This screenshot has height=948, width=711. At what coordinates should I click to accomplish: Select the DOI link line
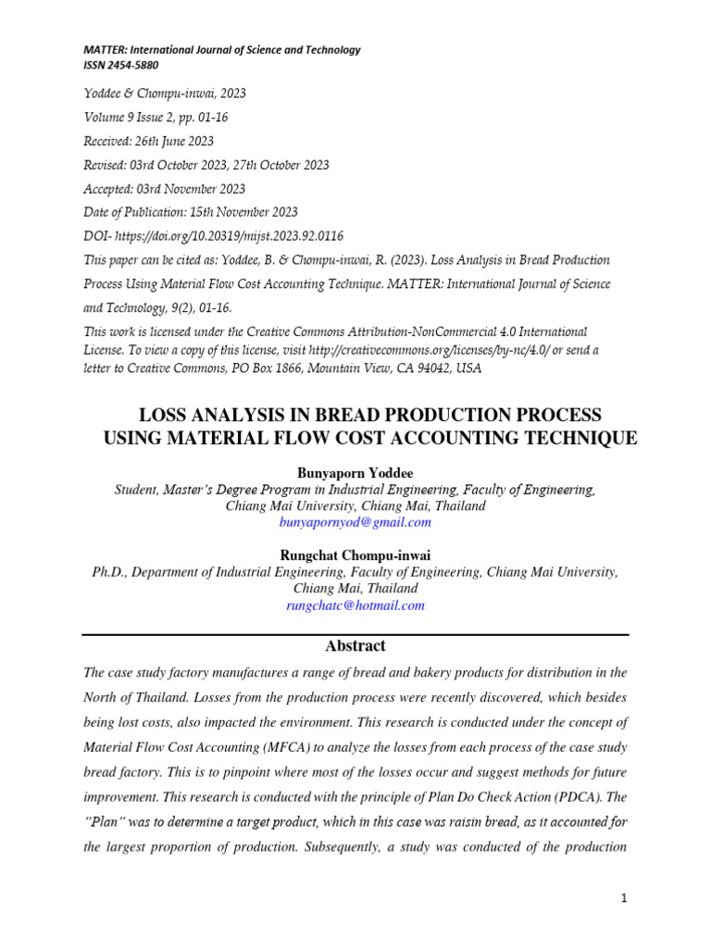pyautogui.click(x=214, y=237)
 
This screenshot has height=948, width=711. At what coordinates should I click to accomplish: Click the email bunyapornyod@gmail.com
pyautogui.click(x=355, y=522)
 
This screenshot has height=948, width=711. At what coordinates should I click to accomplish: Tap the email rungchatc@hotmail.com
pyautogui.click(x=355, y=605)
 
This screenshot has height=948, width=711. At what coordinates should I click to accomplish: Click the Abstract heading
pyautogui.click(x=355, y=646)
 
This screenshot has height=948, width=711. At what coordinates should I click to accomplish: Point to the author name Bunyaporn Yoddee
pyautogui.click(x=355, y=473)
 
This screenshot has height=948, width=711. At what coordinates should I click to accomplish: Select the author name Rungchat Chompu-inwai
pyautogui.click(x=355, y=555)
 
